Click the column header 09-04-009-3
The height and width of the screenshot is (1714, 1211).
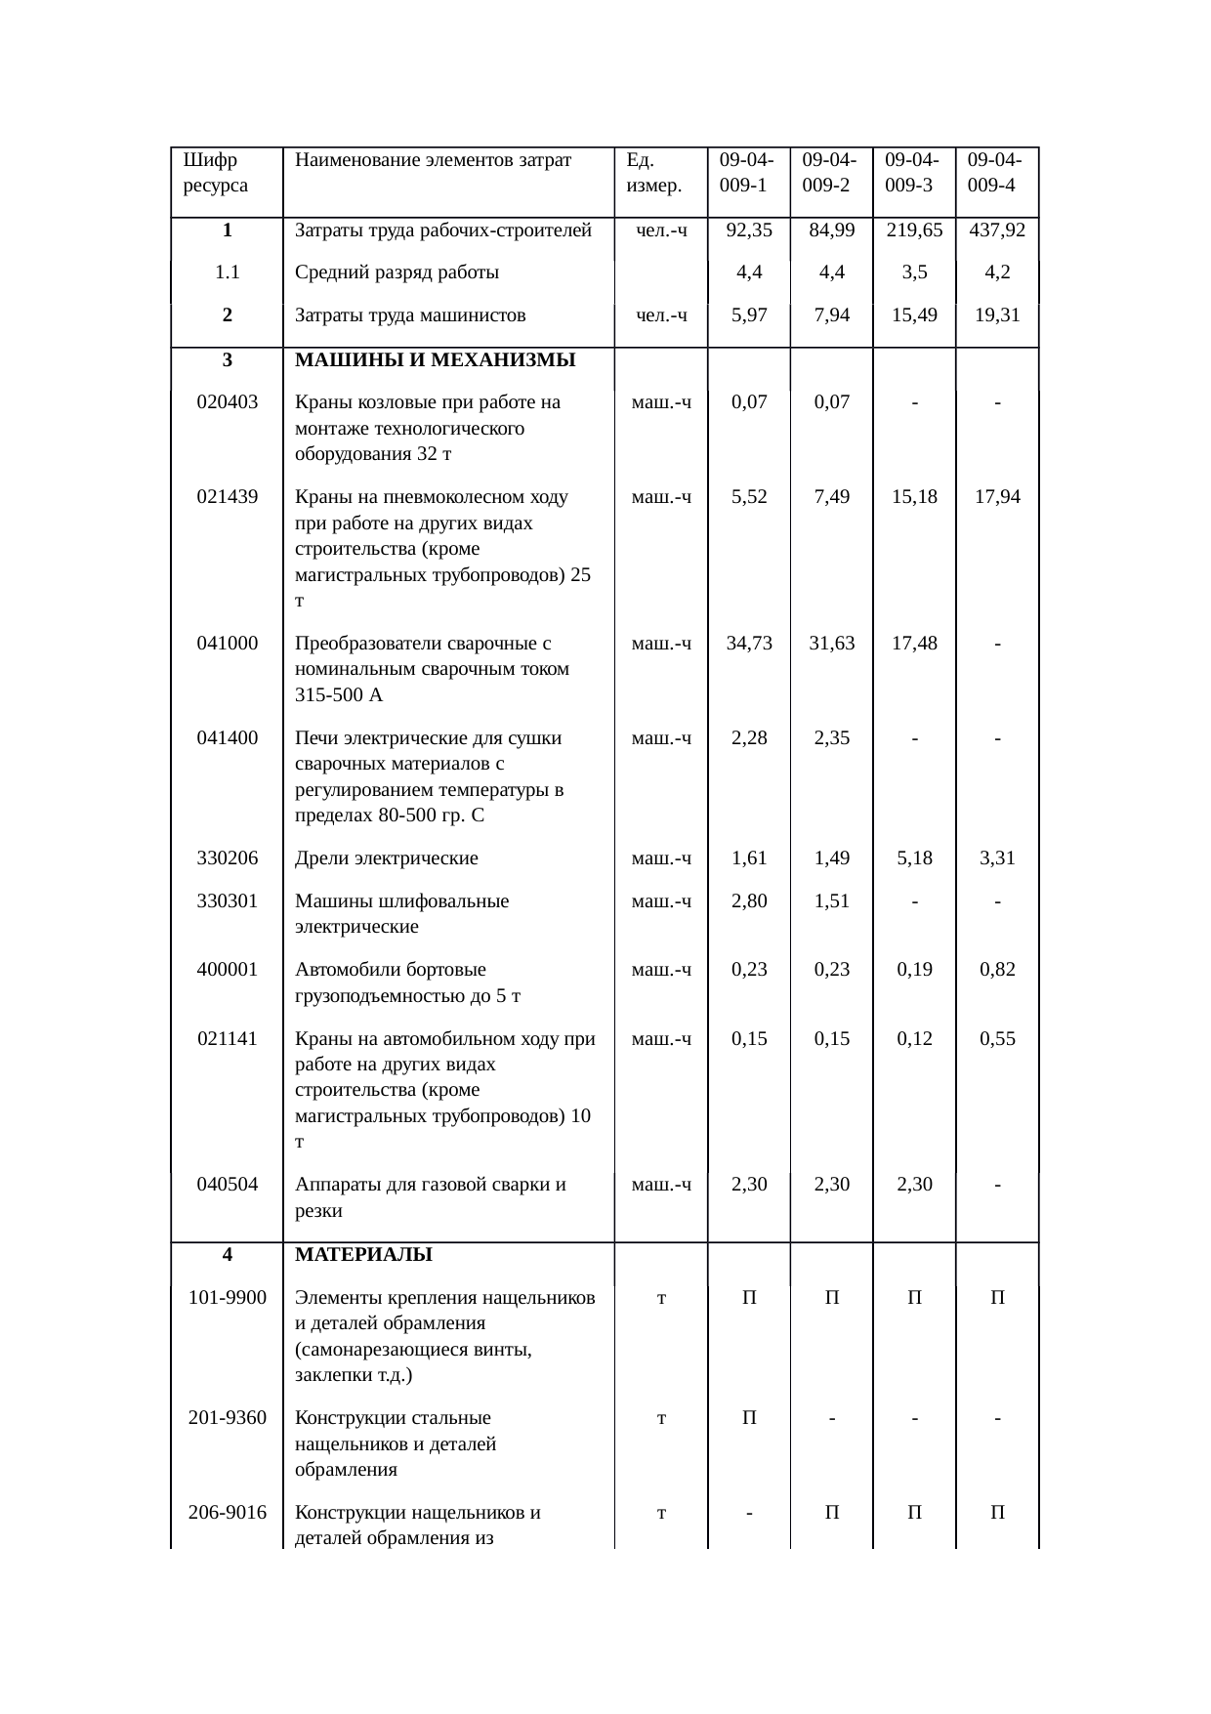click(913, 172)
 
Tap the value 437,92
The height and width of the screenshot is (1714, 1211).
click(997, 230)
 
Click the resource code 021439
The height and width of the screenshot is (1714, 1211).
click(227, 496)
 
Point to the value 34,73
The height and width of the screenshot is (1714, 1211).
click(749, 643)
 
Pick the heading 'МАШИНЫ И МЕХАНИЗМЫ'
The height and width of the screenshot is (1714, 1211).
click(435, 359)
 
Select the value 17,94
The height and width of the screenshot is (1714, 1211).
click(997, 496)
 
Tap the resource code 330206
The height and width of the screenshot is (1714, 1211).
click(227, 858)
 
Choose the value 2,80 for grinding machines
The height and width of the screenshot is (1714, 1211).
click(749, 900)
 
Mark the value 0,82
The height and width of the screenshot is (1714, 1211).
click(997, 969)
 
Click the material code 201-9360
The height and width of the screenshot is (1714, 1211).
click(227, 1417)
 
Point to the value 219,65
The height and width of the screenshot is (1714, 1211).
click(914, 230)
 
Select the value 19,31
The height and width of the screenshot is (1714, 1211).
click(997, 314)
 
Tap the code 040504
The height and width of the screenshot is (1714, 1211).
click(227, 1185)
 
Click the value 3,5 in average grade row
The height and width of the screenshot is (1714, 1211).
click(914, 272)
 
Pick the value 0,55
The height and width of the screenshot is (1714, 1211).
click(997, 1038)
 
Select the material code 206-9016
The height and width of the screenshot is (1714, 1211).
click(227, 1513)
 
